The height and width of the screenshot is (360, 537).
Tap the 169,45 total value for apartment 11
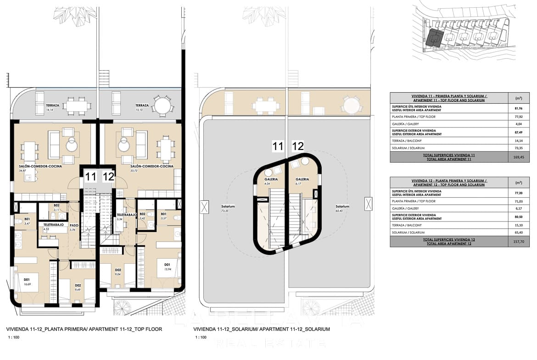coord(516,157)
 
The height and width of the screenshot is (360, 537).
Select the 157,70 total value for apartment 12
coord(516,242)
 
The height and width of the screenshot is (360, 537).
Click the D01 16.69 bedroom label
coord(27,282)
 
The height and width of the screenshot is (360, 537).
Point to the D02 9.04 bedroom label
coord(118,272)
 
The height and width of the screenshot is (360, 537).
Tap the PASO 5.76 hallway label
coord(73,227)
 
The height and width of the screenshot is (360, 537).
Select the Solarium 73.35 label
coord(224,208)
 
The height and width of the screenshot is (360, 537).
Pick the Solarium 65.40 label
coord(342,208)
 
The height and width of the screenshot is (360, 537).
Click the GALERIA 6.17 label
coord(302,181)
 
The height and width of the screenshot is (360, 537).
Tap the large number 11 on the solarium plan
coord(277,146)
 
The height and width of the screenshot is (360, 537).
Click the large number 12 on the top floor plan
coord(108,176)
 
